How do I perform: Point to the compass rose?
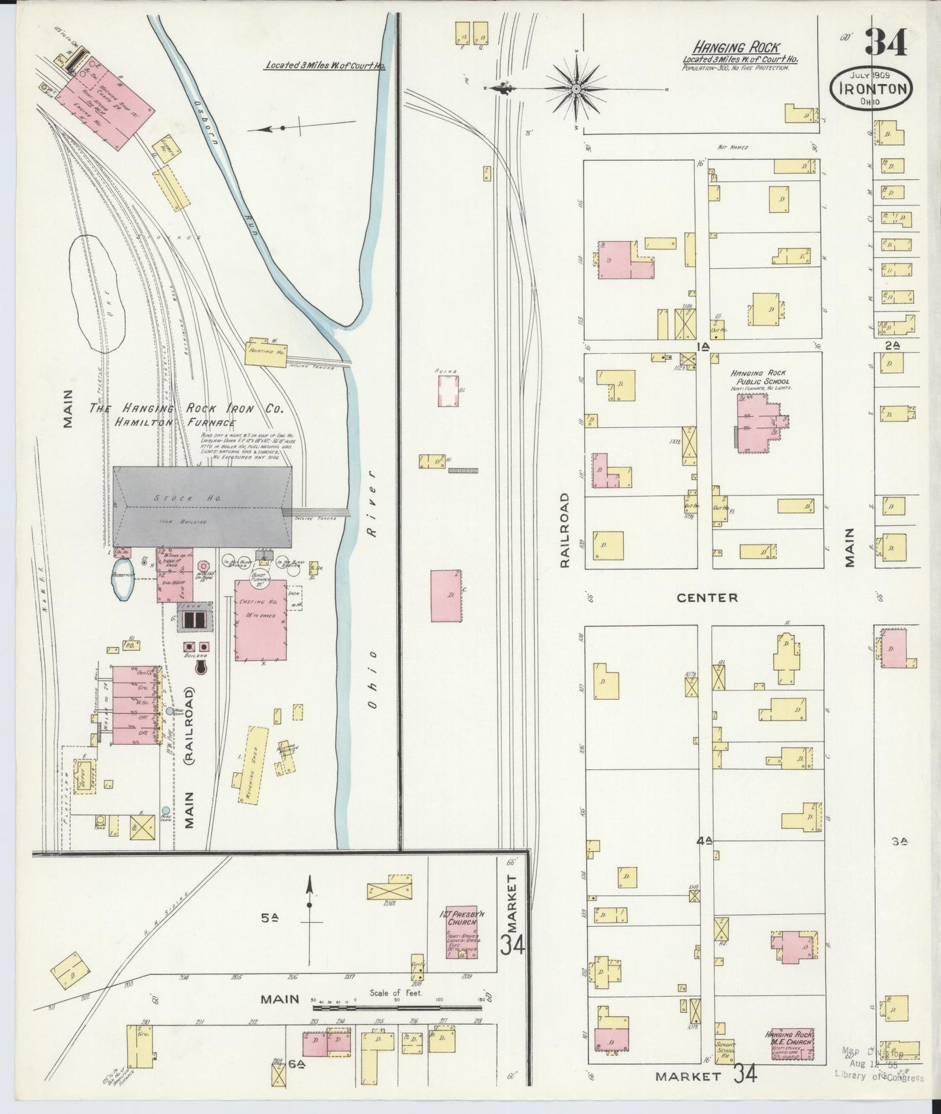577,87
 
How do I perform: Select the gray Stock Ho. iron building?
202,506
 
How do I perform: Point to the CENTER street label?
707,597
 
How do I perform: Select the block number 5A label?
270,919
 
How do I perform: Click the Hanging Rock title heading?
737,47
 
